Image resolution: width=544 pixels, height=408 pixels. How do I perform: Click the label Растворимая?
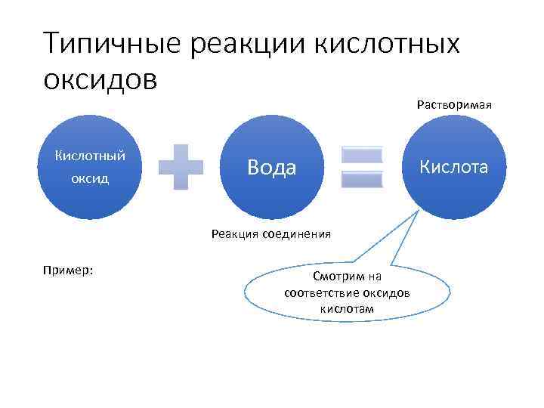tap(454, 104)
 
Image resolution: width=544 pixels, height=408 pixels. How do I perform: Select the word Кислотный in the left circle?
tap(90, 156)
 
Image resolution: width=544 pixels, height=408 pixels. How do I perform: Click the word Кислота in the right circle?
tap(454, 167)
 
